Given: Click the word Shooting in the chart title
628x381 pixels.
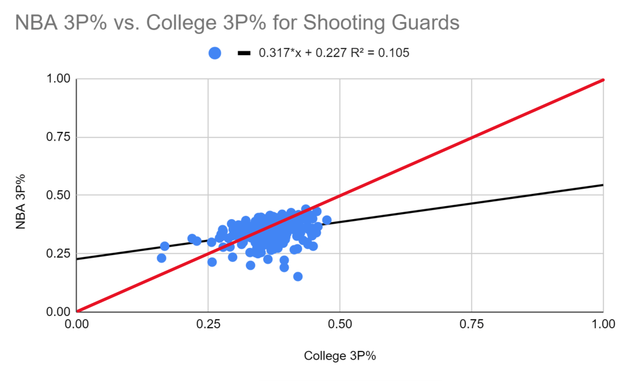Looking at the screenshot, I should click(x=343, y=23).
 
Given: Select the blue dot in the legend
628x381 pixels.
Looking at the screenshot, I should click(x=215, y=53).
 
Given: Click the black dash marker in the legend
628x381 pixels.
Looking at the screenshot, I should click(x=245, y=53).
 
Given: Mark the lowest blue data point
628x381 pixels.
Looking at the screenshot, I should click(x=297, y=277).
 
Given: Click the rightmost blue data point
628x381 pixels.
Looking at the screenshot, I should click(x=327, y=220).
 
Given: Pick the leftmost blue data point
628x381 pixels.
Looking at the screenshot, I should click(x=161, y=258).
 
